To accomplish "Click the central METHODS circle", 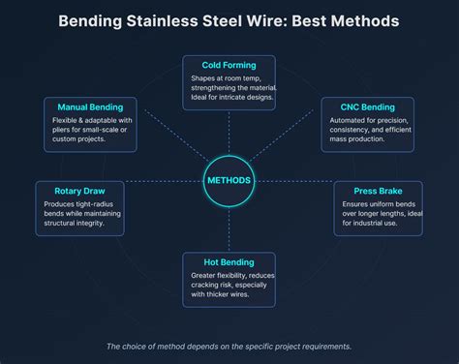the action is click(x=229, y=180).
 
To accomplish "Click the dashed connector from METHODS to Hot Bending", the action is click(x=229, y=228).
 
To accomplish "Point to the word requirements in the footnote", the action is click(x=324, y=347).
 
